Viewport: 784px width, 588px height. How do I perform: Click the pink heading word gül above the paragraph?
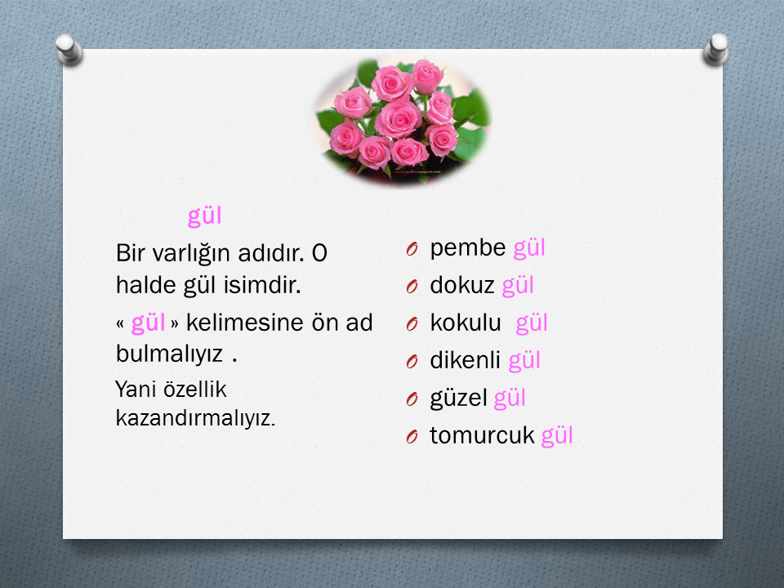(204, 216)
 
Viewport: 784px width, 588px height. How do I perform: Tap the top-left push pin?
(69, 50)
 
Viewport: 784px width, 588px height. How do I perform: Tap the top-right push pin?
(716, 49)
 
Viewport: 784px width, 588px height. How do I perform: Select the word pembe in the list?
(468, 248)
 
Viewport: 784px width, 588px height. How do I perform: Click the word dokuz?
(462, 286)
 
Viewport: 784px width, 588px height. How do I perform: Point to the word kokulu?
(465, 323)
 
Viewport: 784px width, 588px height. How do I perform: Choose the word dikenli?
(465, 360)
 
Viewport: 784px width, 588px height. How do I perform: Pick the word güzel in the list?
(458, 399)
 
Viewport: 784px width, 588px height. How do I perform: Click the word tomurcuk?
(482, 435)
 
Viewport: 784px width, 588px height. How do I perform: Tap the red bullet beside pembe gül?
(412, 249)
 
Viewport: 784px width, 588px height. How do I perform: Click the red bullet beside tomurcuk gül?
(412, 436)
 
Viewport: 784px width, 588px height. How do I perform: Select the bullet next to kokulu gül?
(412, 324)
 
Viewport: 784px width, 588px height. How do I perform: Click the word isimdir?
(262, 286)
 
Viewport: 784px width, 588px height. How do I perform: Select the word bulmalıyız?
(169, 354)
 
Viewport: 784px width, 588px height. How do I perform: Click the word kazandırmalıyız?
(195, 418)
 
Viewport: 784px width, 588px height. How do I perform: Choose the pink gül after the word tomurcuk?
(557, 436)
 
